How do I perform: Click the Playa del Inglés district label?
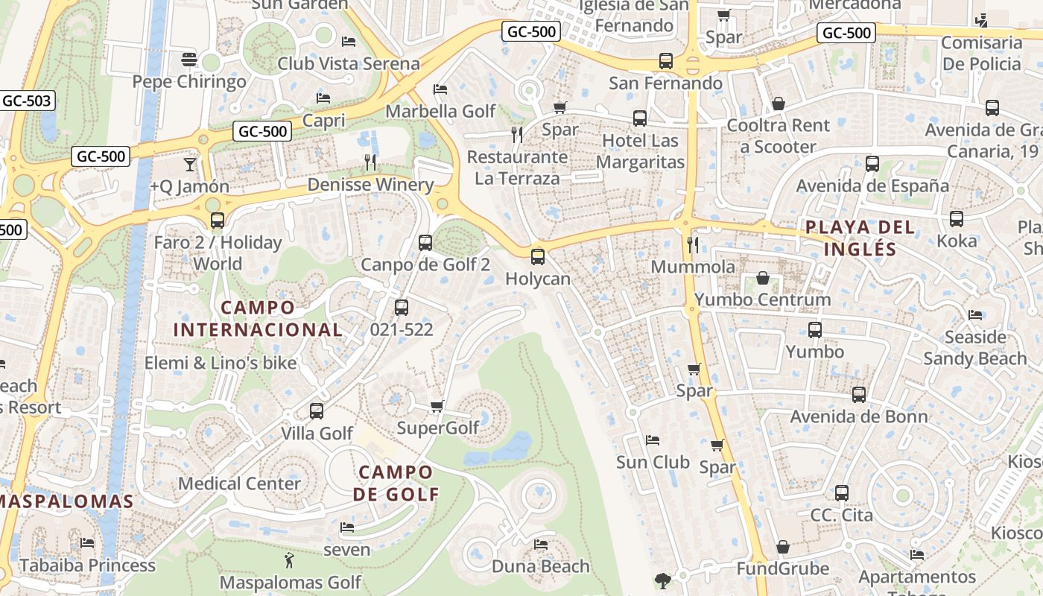point(860,237)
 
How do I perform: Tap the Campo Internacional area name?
point(258,318)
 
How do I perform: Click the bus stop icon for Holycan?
point(537,257)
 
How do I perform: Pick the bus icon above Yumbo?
point(814,329)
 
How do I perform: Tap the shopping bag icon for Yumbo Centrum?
point(763,279)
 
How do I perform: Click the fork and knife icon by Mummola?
point(693,244)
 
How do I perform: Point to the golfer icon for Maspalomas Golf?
point(289,560)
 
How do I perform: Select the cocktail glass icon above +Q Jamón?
point(190,164)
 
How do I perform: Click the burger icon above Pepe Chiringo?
point(188,60)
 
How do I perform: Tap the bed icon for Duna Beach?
point(541,545)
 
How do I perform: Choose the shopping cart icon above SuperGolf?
point(437,406)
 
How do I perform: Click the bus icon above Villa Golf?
point(317,410)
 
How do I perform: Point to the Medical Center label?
point(239,484)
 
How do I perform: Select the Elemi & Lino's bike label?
point(221,364)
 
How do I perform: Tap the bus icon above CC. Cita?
point(841,492)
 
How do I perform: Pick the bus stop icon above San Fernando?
point(665,61)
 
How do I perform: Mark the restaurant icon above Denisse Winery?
point(370,162)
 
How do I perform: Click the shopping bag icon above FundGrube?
point(782,548)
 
